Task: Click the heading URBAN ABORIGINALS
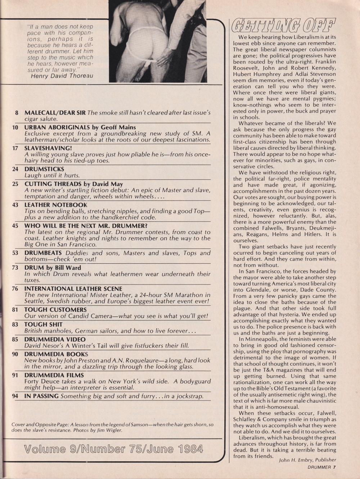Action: tap(54, 127)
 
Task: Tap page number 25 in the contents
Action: tap(15, 184)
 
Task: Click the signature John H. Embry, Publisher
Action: tap(307, 460)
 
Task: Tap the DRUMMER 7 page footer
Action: tap(321, 467)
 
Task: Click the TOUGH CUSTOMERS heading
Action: tap(55, 310)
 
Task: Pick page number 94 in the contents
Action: tap(15, 396)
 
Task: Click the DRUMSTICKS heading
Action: tap(44, 169)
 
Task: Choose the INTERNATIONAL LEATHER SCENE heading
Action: tap(73, 289)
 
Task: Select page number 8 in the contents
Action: tap(17, 112)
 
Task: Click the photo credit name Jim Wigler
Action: tap(112, 430)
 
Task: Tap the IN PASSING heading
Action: tap(41, 396)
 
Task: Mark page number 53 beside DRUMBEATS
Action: tap(15, 253)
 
